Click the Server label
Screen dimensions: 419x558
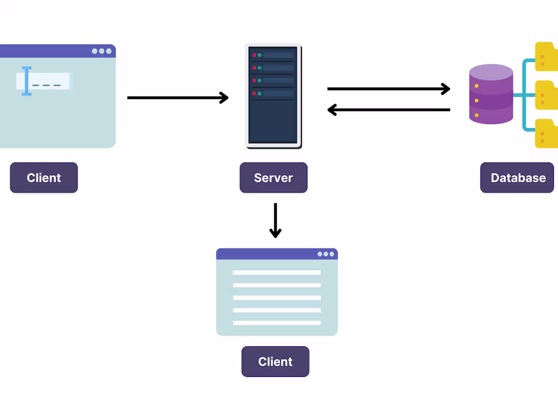pyautogui.click(x=273, y=178)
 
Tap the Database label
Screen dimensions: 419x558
pyautogui.click(x=517, y=178)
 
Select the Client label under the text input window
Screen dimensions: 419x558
pyautogui.click(x=44, y=178)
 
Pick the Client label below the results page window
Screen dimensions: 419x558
pyautogui.click(x=275, y=362)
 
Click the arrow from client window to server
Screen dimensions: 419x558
pyautogui.click(x=178, y=98)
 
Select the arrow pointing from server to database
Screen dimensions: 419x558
pyautogui.click(x=389, y=89)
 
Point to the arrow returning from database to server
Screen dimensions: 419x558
pyautogui.click(x=389, y=110)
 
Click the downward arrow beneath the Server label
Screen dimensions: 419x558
pyautogui.click(x=275, y=220)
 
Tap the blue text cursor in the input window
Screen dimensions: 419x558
pyautogui.click(x=26, y=81)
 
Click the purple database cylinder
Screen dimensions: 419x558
pyautogui.click(x=491, y=94)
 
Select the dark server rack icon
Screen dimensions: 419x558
pyautogui.click(x=274, y=96)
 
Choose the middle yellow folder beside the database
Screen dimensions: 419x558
pyautogui.click(x=547, y=95)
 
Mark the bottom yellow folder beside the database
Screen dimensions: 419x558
pyautogui.click(x=547, y=133)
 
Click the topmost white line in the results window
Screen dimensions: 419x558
pyautogui.click(x=276, y=273)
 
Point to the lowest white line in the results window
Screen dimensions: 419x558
pyautogui.click(x=276, y=323)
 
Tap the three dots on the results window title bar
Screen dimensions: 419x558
pyautogui.click(x=326, y=254)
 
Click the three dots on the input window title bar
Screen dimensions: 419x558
pyautogui.click(x=101, y=51)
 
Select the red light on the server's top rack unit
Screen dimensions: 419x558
pyautogui.click(x=254, y=55)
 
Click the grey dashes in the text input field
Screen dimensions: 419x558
pyautogui.click(x=47, y=85)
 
